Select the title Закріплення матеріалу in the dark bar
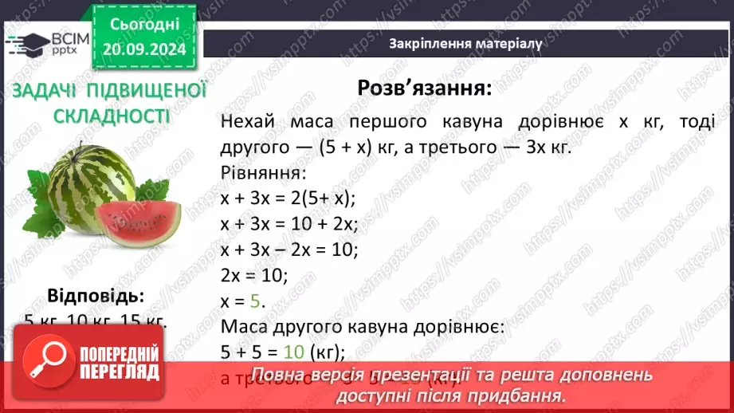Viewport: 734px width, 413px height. (466, 44)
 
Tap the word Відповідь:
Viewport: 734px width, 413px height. (96, 297)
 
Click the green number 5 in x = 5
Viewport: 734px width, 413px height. (255, 302)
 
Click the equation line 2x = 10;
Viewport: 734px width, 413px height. (253, 276)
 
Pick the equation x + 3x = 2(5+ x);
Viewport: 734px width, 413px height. (288, 199)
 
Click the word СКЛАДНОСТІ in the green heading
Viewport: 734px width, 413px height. (112, 117)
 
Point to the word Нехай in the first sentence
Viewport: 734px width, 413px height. (248, 122)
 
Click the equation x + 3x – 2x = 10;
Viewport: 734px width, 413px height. (289, 250)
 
